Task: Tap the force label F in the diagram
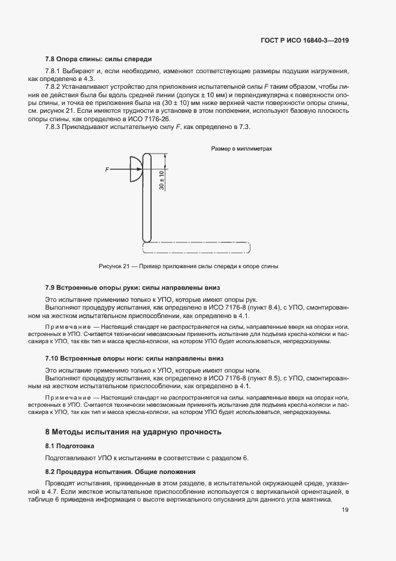(107, 170)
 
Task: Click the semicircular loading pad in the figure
(136, 169)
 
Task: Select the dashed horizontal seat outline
(196, 247)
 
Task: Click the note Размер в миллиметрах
(241, 149)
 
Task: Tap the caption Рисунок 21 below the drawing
(188, 266)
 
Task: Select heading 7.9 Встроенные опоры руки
(134, 288)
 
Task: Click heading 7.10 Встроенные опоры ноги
(134, 358)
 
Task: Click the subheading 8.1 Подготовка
(70, 446)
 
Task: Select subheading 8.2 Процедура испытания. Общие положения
(120, 472)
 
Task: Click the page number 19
(346, 511)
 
